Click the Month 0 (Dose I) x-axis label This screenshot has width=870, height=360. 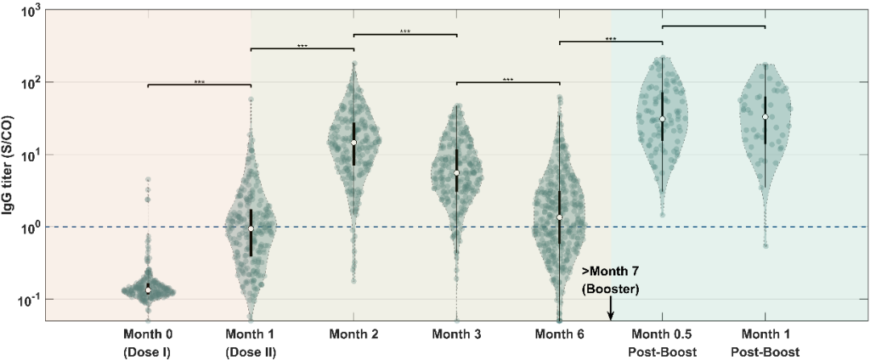(148, 343)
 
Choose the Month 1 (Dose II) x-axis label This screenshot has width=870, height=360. (251, 343)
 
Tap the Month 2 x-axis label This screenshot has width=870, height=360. (354, 334)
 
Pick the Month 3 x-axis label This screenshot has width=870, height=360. (456, 334)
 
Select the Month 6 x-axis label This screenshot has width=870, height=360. (559, 334)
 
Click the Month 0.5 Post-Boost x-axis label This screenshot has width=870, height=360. (662, 343)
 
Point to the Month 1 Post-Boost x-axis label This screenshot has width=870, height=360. (764, 343)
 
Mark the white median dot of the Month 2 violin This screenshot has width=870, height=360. (354, 143)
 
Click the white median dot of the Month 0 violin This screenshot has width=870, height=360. (148, 288)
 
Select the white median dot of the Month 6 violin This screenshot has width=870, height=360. (559, 217)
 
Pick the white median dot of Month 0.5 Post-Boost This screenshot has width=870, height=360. (662, 119)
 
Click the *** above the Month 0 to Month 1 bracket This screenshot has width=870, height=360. (200, 82)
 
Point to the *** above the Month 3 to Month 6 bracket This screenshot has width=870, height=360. (507, 80)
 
